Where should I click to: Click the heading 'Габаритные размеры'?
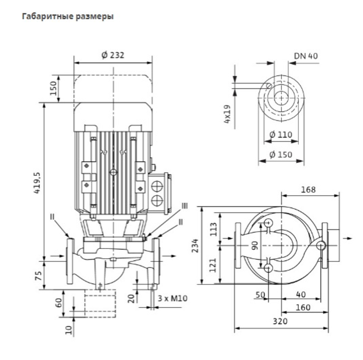click(x=68, y=17)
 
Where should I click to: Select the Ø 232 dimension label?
click(x=113, y=55)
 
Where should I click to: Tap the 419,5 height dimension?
click(x=37, y=183)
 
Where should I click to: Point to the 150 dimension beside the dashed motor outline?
click(x=53, y=88)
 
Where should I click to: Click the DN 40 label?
click(x=306, y=56)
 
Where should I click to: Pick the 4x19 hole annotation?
click(x=228, y=114)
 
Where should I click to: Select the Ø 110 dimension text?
click(x=281, y=135)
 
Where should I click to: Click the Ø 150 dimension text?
click(x=281, y=154)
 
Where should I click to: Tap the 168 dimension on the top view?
click(x=308, y=190)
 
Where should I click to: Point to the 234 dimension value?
click(x=195, y=245)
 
